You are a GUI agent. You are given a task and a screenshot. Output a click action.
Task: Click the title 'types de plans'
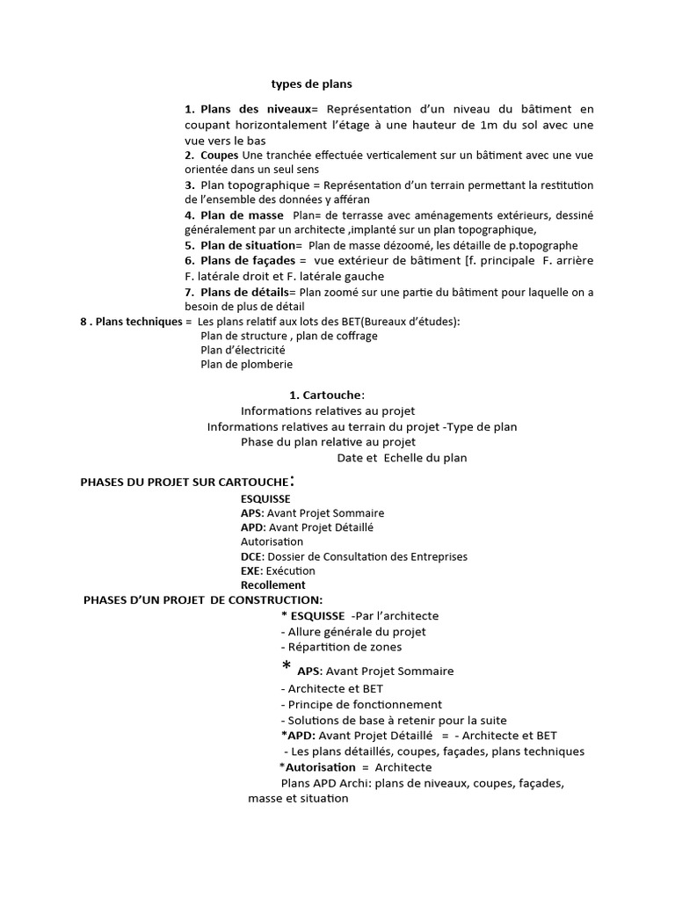[x=311, y=84]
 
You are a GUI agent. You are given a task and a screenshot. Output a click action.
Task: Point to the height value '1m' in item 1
[x=491, y=125]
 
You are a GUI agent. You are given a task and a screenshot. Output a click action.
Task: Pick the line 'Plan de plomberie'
[x=247, y=364]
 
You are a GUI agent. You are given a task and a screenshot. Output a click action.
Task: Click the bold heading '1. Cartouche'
[x=326, y=396]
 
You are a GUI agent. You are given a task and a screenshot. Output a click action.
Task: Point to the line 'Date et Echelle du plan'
[x=402, y=458]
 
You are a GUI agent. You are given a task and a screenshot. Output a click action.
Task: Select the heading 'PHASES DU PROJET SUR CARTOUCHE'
[x=184, y=482]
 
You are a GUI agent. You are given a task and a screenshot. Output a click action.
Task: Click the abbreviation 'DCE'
[x=250, y=556]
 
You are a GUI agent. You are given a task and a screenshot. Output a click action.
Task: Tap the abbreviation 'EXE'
[x=250, y=570]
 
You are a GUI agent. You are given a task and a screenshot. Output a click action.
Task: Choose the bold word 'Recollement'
[x=273, y=584]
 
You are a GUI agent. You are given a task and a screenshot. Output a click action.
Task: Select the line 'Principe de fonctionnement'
[x=361, y=704]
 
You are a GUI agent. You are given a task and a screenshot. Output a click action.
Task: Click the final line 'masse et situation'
[x=298, y=798]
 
